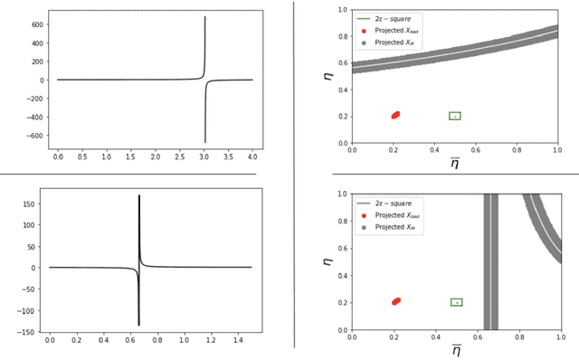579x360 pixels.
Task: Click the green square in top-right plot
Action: click(455, 116)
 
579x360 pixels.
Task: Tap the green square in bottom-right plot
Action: click(457, 302)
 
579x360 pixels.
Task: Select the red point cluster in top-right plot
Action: click(395, 115)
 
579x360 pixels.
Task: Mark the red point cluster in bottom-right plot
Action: click(395, 301)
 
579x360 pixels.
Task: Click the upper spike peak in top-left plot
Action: click(204, 17)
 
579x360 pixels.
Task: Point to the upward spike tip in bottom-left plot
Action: click(138, 195)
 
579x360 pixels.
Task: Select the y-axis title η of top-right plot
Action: click(328, 76)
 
